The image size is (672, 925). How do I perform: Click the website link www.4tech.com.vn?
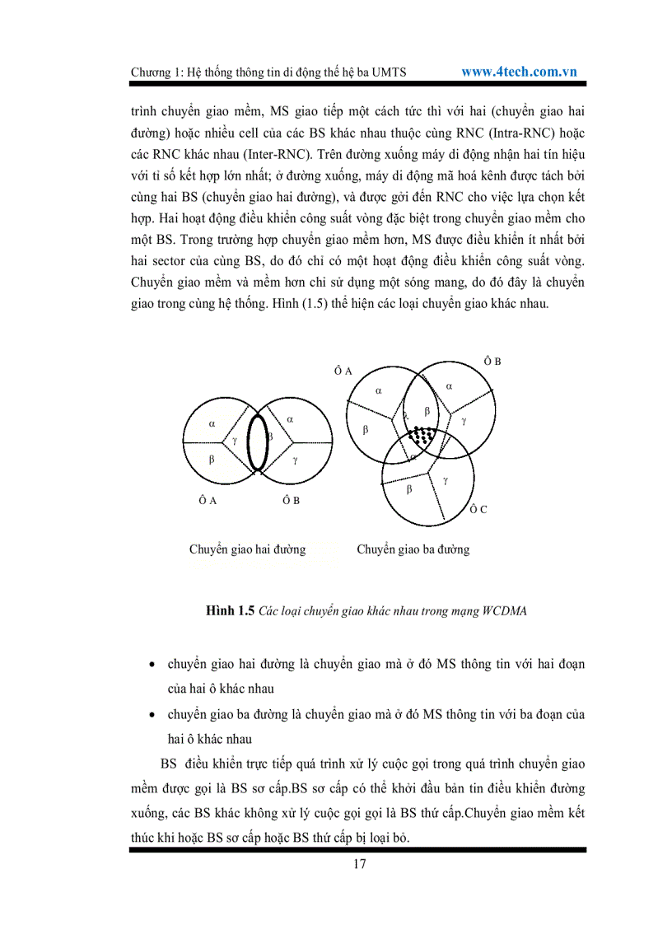519,72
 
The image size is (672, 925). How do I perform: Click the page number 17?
359,864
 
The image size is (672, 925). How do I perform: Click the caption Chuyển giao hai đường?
247,549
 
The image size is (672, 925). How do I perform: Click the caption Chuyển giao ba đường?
413,549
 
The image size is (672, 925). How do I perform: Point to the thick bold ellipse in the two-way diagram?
257,443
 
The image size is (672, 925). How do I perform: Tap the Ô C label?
478,509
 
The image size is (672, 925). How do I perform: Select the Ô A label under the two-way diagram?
208,500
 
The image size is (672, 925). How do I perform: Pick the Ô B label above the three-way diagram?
492,362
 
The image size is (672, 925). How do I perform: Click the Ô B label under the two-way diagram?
292,500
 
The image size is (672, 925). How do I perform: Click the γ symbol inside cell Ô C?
445,479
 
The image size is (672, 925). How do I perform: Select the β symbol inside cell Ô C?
409,489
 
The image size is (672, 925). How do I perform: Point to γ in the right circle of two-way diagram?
295,460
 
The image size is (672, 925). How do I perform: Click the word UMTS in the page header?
399,72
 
